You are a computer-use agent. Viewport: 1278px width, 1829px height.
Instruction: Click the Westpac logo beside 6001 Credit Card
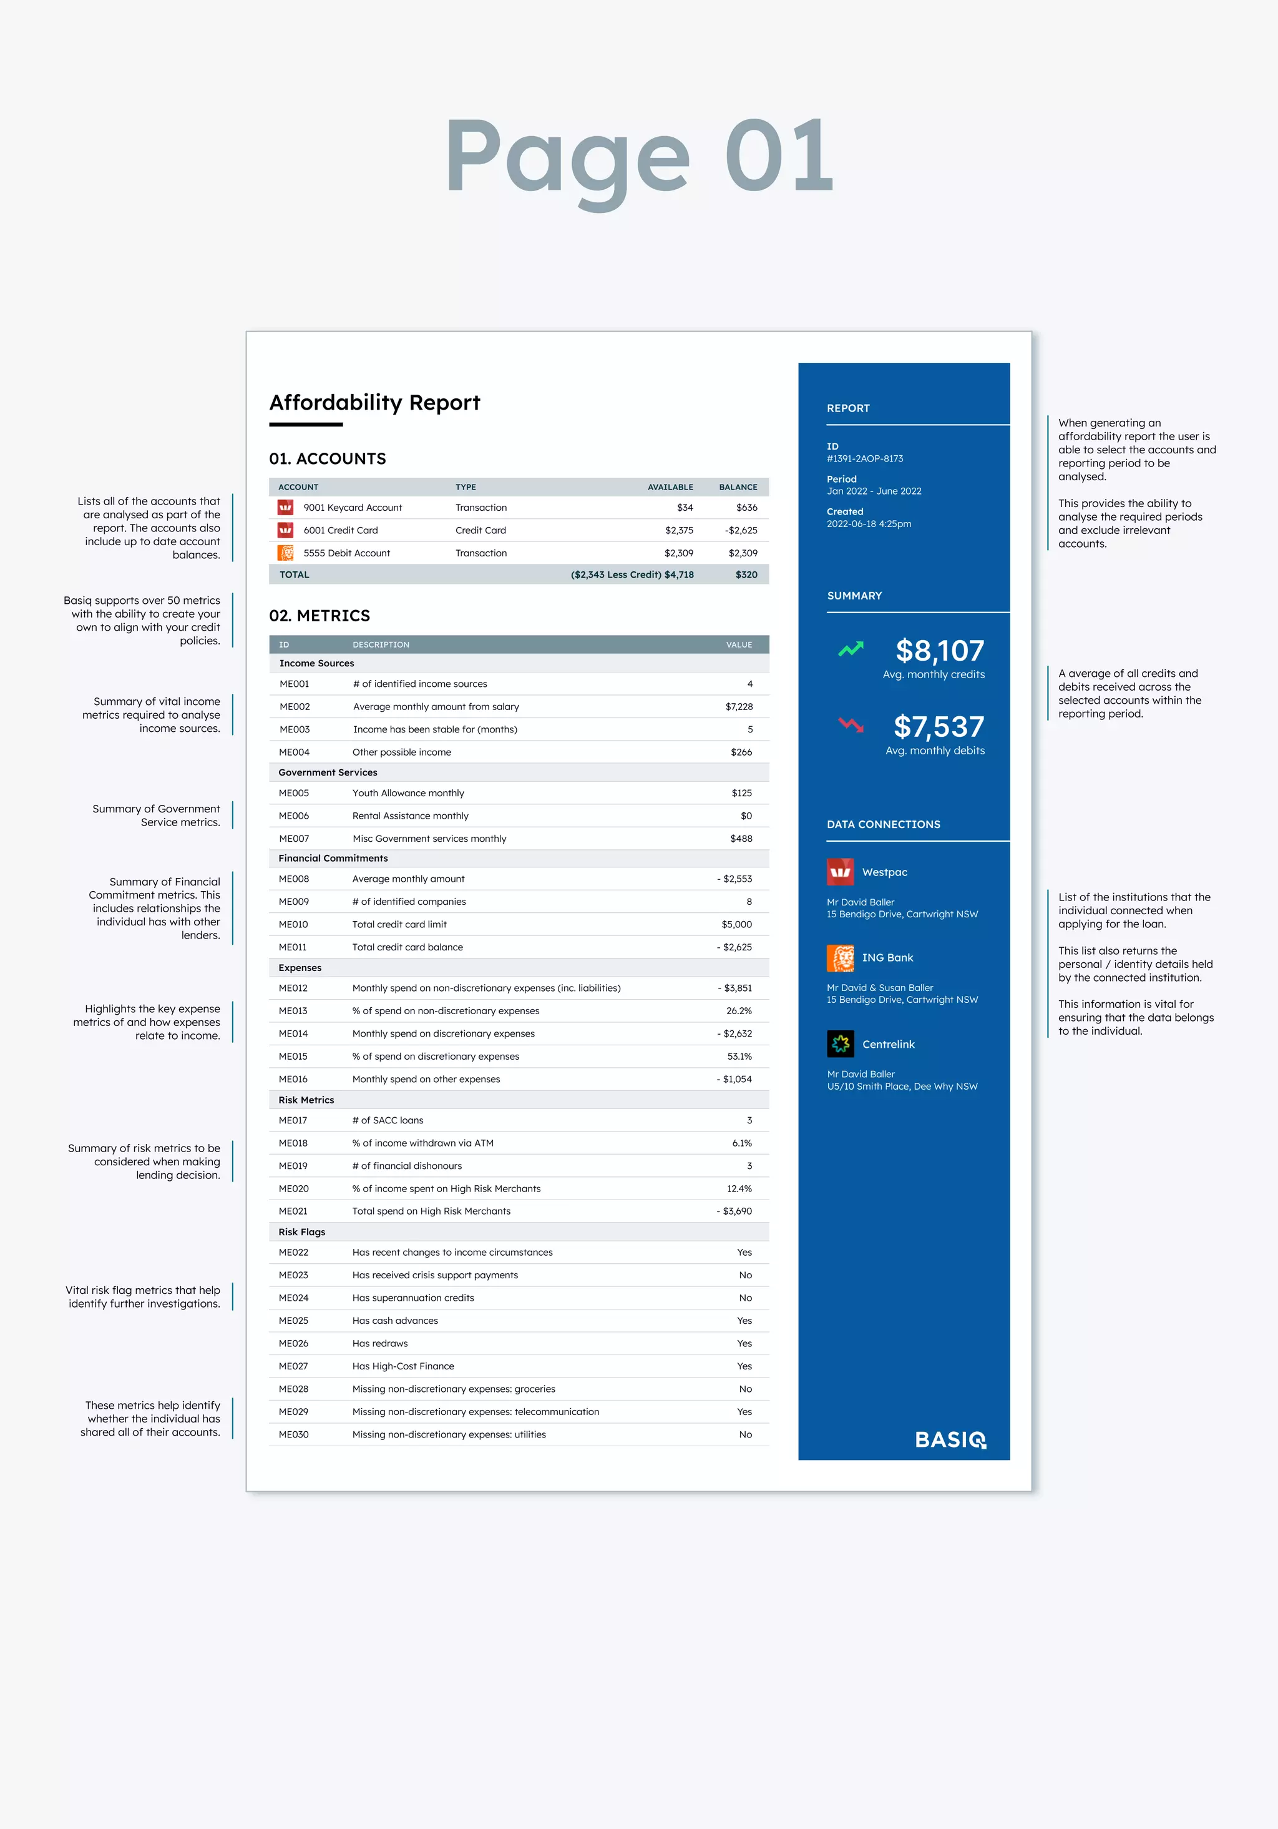(x=285, y=530)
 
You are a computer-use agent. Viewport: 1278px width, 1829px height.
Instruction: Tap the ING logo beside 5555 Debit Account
(x=285, y=553)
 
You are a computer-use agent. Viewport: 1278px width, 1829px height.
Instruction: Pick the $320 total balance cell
(x=746, y=575)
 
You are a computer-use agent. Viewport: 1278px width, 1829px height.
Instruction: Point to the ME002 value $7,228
(x=738, y=707)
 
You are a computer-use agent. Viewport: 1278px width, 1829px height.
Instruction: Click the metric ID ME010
(x=293, y=925)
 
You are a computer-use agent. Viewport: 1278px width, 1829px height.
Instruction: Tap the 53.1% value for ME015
(x=739, y=1057)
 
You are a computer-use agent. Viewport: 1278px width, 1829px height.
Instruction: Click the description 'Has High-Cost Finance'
(x=403, y=1366)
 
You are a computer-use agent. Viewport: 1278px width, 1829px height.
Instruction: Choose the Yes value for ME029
(x=744, y=1412)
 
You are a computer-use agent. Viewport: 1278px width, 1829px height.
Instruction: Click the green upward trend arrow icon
(x=851, y=650)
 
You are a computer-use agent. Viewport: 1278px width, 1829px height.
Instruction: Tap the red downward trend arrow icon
(x=851, y=725)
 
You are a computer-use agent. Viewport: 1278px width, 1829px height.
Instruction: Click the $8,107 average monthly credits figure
(x=940, y=651)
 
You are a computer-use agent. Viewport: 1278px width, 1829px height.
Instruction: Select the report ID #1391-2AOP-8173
(x=865, y=459)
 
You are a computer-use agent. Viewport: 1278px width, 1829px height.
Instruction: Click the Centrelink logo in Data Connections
(x=840, y=1043)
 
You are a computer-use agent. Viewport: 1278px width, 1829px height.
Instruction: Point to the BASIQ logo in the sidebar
(x=950, y=1439)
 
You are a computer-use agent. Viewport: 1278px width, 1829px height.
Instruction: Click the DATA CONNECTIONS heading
(x=883, y=824)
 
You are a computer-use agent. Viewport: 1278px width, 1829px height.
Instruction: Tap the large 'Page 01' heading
(x=638, y=157)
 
